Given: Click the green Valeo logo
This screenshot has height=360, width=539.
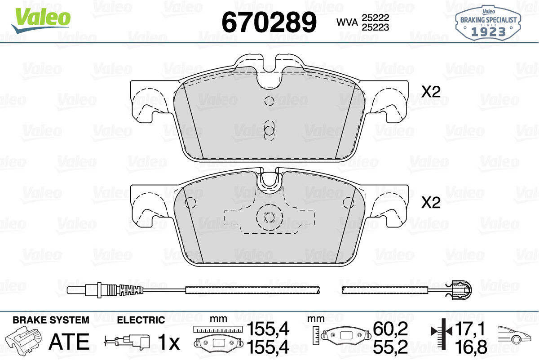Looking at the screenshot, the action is (41, 20).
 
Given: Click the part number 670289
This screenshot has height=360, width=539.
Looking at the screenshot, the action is (269, 22).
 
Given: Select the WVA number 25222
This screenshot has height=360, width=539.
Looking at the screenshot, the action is (376, 18).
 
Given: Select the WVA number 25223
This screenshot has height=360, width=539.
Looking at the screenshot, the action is (376, 27).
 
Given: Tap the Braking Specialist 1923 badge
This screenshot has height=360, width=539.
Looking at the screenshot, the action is (488, 23).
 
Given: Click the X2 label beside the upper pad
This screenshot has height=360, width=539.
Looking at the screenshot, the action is (431, 92).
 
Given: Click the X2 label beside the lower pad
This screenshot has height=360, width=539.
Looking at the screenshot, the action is (431, 203).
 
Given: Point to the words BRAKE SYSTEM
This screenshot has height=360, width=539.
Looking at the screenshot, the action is (51, 320).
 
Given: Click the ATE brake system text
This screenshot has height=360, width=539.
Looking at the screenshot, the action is (69, 342).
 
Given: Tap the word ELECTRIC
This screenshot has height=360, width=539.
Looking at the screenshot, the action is (141, 320).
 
